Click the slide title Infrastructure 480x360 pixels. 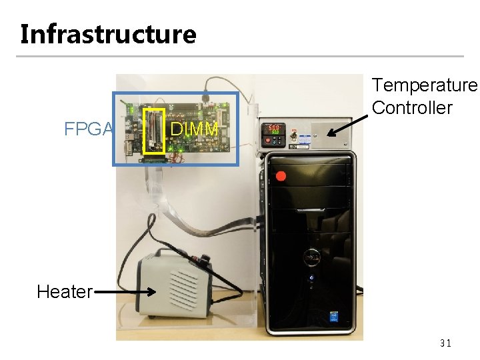tap(108, 33)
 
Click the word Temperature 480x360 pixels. tap(425, 85)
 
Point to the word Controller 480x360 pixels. tap(412, 107)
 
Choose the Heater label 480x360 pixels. tap(64, 291)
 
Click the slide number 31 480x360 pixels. tap(445, 343)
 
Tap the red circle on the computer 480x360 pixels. tap(281, 177)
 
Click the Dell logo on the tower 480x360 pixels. tap(310, 255)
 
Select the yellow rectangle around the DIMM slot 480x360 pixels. tap(155, 131)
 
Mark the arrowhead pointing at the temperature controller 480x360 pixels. tap(330, 133)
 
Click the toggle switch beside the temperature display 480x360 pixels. tap(293, 133)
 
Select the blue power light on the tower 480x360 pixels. tap(310, 277)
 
